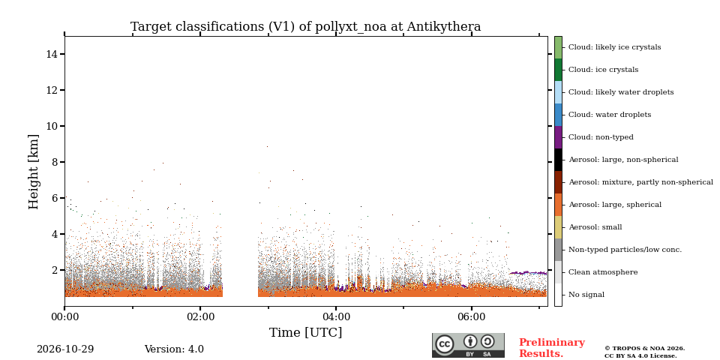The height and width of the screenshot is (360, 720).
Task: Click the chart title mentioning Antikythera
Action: tap(305, 27)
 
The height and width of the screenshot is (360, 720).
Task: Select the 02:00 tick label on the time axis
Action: tap(201, 316)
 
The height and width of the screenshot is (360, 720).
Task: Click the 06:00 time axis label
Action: tap(472, 316)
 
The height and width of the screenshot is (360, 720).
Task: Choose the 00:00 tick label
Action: tap(64, 316)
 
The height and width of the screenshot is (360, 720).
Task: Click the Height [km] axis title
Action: tap(34, 172)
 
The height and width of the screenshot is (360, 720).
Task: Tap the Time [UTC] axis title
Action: tap(305, 332)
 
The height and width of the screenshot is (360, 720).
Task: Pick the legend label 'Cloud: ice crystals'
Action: tap(603, 70)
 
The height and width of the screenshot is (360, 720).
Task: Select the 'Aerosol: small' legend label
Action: tap(595, 227)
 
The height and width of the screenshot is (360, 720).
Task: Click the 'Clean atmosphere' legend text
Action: tap(603, 272)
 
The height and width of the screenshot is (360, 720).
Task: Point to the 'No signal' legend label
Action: tap(586, 295)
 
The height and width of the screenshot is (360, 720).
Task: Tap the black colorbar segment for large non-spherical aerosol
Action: tap(558, 160)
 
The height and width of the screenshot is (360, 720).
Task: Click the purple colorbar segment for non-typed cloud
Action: tap(558, 137)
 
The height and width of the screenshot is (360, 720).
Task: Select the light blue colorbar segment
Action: tap(558, 92)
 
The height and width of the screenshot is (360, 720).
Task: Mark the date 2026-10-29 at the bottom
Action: tap(65, 349)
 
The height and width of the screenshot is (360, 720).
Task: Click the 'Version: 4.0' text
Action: tap(174, 349)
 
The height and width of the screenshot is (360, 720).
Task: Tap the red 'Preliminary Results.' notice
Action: tap(552, 348)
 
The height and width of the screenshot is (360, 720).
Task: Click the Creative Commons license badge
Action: tap(468, 345)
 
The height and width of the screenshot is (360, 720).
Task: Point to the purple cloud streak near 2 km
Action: tap(528, 273)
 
